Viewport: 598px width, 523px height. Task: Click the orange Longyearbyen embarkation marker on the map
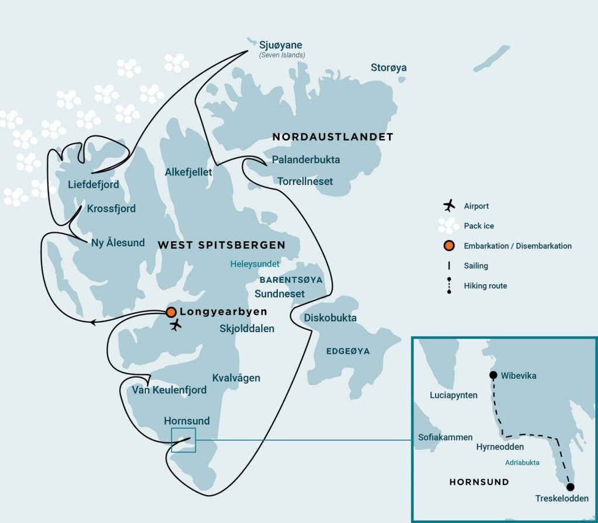171,312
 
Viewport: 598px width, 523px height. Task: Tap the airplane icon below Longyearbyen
175,326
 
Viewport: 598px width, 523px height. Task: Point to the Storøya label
388,68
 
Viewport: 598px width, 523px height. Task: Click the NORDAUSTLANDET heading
332,137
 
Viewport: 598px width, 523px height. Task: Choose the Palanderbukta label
306,159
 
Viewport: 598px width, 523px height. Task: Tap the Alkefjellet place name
188,172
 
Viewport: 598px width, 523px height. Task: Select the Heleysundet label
255,264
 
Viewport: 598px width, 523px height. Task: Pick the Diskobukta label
330,318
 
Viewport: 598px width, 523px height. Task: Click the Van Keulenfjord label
169,389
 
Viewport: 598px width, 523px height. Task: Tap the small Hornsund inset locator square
183,440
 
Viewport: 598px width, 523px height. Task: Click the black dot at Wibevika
493,375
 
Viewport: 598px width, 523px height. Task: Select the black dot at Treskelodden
570,487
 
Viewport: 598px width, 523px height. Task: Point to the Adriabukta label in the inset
522,462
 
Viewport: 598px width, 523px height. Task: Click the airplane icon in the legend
448,205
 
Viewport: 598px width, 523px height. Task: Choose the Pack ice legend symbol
448,225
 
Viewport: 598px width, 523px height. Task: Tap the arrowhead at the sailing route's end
93,321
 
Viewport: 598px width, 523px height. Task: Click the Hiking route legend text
485,286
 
